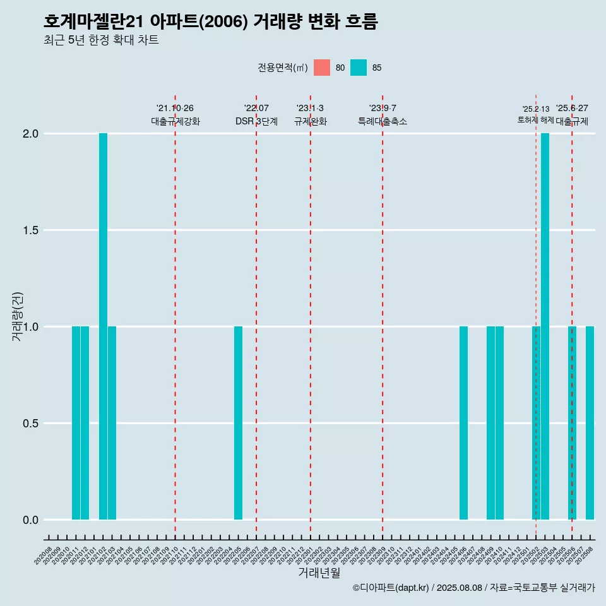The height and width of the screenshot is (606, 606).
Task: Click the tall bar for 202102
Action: coord(103,326)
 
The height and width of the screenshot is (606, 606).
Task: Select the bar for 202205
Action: coord(238,423)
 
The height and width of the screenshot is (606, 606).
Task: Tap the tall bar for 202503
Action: coord(545,326)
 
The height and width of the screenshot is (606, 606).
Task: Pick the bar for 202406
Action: coord(463,423)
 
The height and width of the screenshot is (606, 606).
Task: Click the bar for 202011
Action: coord(76,423)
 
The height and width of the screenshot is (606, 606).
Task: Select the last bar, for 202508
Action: coord(590,423)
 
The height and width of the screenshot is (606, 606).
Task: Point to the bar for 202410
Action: coord(499,423)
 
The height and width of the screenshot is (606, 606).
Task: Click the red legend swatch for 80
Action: coord(322,68)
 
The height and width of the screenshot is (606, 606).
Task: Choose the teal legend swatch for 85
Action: coord(359,68)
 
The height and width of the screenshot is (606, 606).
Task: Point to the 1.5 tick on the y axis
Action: coord(30,230)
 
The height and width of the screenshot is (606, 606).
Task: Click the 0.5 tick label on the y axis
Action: coord(30,424)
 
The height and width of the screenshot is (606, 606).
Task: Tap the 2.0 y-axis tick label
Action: coord(30,134)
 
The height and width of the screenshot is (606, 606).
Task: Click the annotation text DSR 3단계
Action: coord(256,121)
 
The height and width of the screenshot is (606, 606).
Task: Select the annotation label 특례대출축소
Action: coord(383,121)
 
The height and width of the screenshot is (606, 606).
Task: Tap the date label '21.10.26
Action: coord(175,108)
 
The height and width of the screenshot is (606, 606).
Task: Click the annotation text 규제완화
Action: coord(310,121)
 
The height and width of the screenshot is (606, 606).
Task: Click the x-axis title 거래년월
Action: coord(319,573)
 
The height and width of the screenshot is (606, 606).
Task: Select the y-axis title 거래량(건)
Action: coord(17,316)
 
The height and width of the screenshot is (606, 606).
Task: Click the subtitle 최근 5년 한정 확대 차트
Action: coord(101,40)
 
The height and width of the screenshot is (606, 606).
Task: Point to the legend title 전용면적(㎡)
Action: coord(282,68)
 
